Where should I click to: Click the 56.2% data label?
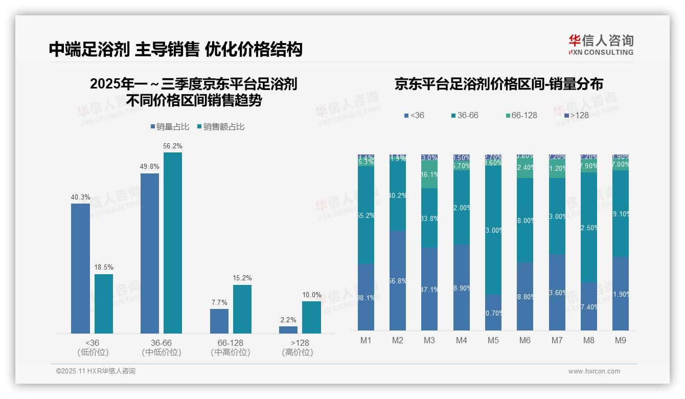click(173, 146)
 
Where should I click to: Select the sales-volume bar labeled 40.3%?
click(80, 269)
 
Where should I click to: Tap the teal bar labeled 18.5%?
click(104, 304)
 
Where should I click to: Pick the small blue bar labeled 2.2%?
click(288, 330)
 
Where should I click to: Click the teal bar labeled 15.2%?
click(242, 309)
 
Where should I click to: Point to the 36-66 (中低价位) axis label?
click(162, 347)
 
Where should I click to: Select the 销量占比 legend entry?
click(172, 126)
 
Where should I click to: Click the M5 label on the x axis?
click(493, 341)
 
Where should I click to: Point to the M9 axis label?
click(620, 341)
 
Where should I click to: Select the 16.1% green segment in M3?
click(429, 175)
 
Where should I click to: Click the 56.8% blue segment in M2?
click(398, 280)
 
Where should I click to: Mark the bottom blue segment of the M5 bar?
click(493, 313)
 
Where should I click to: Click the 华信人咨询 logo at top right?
click(601, 45)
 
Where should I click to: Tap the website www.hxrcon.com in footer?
click(594, 371)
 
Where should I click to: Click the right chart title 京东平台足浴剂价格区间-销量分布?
click(498, 84)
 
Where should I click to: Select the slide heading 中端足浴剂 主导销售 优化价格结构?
click(176, 49)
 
